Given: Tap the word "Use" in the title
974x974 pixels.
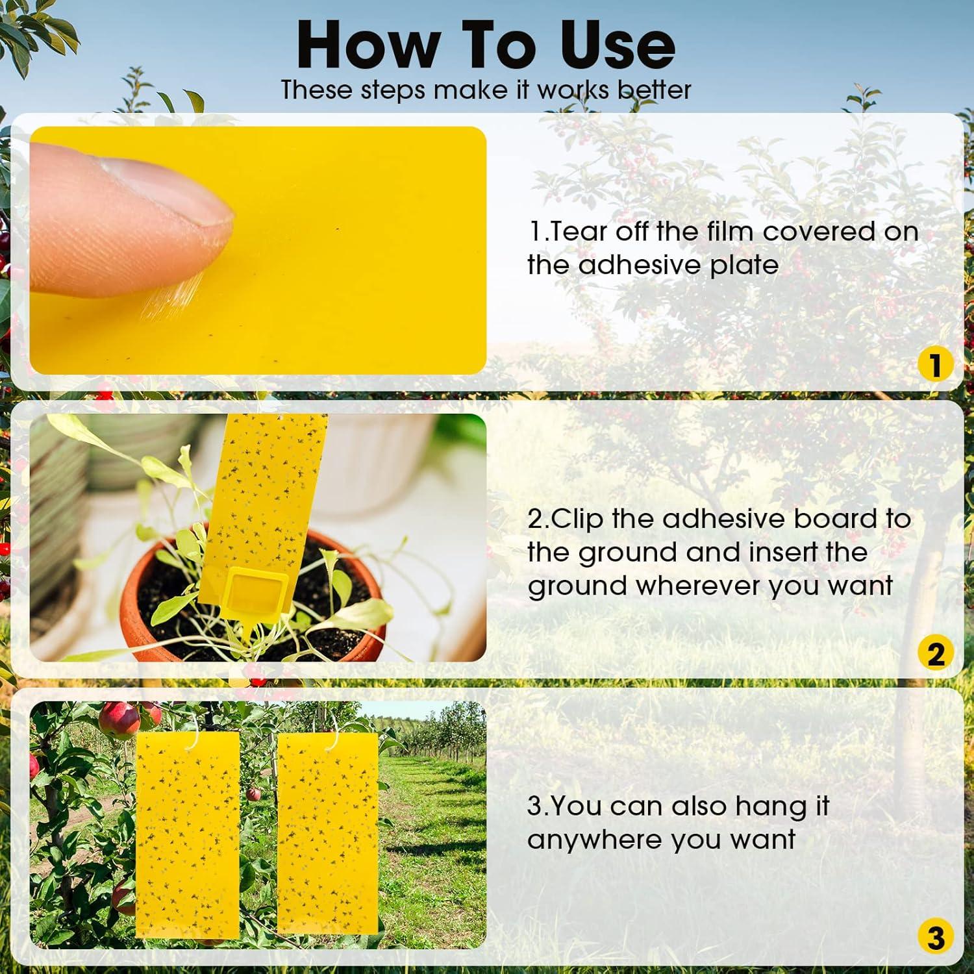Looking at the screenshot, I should pyautogui.click(x=617, y=45).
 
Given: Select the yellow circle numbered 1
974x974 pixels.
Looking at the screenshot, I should pyautogui.click(x=935, y=365).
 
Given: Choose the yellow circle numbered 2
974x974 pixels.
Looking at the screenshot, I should pyautogui.click(x=935, y=653).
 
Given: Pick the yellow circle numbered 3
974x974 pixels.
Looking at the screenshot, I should pyautogui.click(x=935, y=938).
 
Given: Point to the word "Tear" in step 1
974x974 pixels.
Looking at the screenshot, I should pyautogui.click(x=579, y=232).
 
